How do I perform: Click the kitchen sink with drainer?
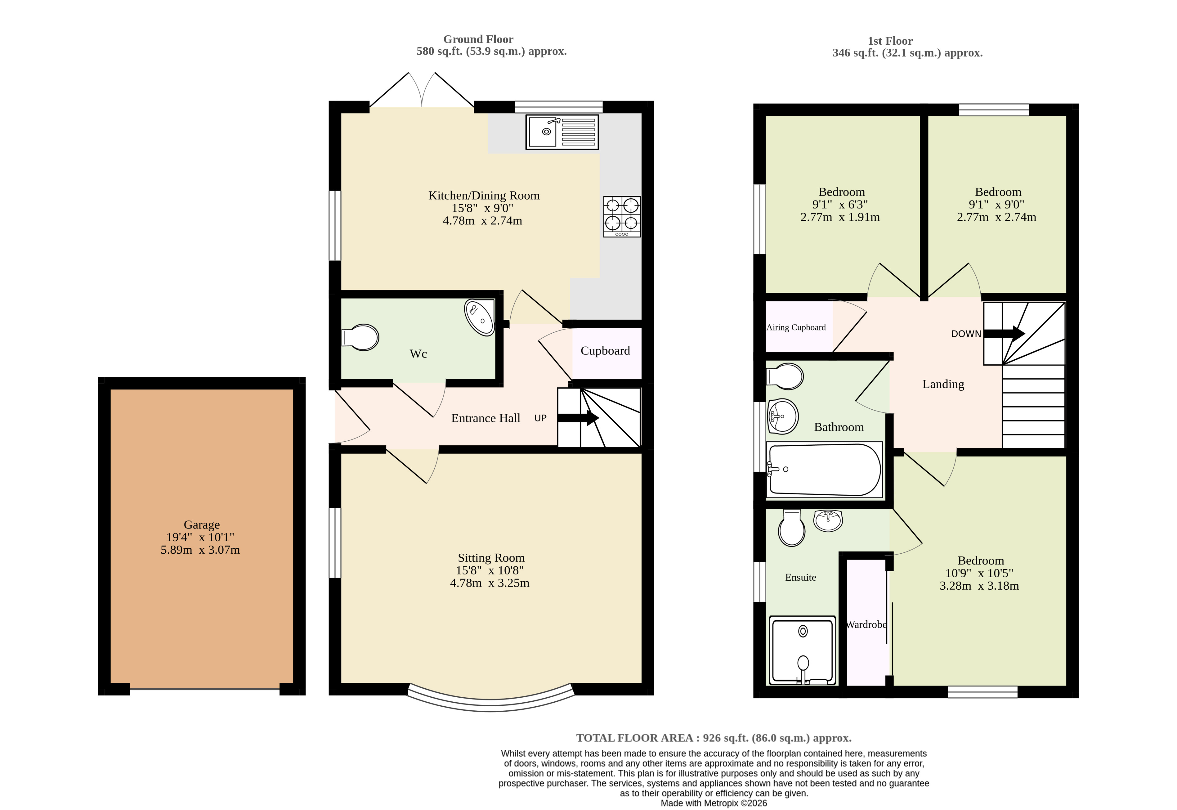[562, 132]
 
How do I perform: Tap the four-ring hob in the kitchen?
[622, 217]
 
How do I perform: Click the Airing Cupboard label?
[796, 327]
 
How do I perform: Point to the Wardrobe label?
[866, 625]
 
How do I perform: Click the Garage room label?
[202, 525]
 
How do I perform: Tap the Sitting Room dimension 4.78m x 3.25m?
[490, 583]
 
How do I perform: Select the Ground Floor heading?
[478, 39]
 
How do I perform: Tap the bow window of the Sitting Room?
[490, 702]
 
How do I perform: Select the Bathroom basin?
[782, 416]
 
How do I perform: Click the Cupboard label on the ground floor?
[605, 351]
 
